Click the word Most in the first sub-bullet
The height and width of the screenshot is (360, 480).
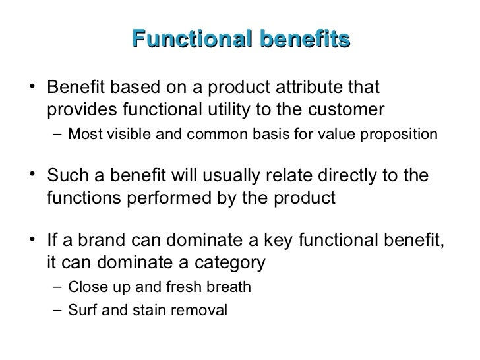click(x=82, y=135)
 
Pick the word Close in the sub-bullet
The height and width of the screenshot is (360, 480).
click(x=84, y=288)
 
